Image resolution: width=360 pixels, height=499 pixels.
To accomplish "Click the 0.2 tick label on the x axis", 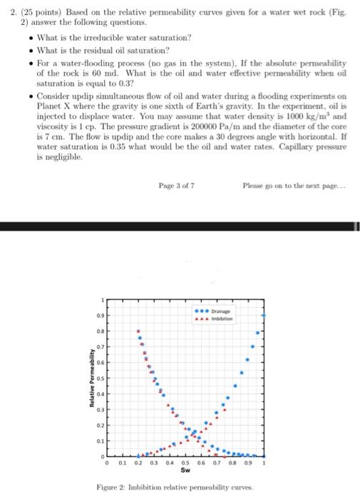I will point(138,463).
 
